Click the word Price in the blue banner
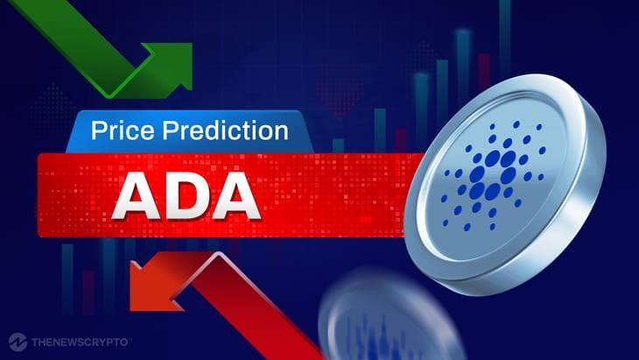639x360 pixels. [x=123, y=131]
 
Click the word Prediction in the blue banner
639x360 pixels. [x=225, y=131]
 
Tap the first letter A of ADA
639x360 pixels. [x=137, y=195]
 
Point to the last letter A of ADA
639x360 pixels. [x=235, y=195]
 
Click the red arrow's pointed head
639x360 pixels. [x=155, y=281]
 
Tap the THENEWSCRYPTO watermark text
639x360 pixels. [x=80, y=342]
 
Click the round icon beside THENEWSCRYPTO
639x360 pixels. [x=18, y=342]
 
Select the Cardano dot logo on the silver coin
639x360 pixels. [x=493, y=174]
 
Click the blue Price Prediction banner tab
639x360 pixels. [x=189, y=131]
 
